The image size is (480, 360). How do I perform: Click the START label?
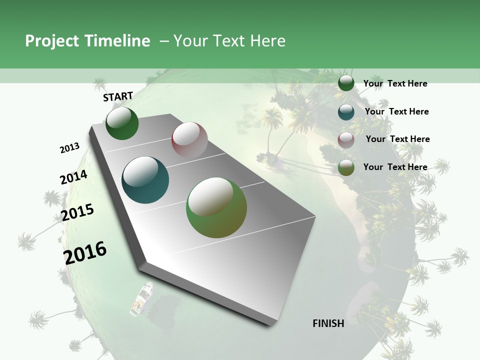[118, 96]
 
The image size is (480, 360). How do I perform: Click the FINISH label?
[328, 323]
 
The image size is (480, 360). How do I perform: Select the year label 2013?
[70, 148]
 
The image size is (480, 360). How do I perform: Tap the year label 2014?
[74, 177]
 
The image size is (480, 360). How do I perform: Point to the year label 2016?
[85, 253]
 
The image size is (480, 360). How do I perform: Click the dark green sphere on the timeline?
[122, 123]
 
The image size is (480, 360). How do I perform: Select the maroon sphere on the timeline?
[189, 140]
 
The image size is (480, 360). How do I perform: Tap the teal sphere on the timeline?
[145, 180]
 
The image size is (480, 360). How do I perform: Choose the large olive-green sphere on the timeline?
[216, 207]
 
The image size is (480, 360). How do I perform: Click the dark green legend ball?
[346, 83]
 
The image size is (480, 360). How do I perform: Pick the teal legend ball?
[346, 112]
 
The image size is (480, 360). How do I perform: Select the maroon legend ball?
[346, 140]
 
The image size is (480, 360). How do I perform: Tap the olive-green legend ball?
[346, 167]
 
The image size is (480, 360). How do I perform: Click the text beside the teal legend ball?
[397, 111]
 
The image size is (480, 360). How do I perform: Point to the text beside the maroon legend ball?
[398, 139]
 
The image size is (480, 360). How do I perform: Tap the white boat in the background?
[142, 298]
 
